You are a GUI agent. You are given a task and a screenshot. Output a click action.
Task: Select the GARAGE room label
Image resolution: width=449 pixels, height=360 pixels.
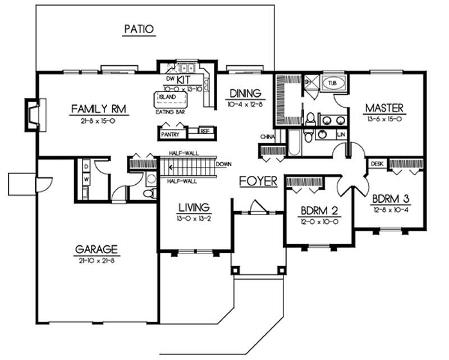tap(97, 249)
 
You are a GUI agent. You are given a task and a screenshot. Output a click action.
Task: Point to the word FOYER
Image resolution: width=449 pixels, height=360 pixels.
tap(258, 181)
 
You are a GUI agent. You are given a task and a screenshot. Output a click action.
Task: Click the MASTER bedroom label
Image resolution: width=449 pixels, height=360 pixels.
tap(384, 107)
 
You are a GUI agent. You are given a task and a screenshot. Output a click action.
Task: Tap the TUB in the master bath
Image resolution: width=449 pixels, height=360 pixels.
tap(334, 83)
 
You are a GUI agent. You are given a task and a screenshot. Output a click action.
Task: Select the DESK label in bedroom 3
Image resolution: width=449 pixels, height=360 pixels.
tap(377, 163)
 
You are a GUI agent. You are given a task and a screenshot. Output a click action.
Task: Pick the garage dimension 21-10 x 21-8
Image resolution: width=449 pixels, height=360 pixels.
tap(97, 259)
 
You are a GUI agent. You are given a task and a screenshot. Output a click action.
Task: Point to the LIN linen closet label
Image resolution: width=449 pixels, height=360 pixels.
tap(341, 134)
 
